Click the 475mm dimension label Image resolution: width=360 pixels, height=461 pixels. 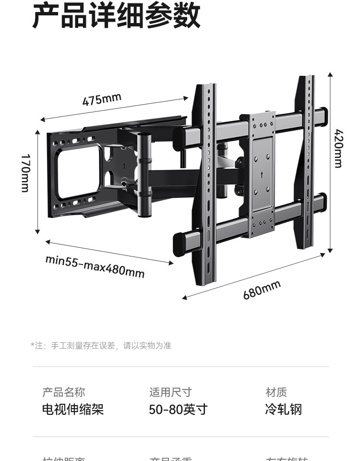pos(102,100)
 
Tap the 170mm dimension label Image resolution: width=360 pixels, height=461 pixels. pos(25,173)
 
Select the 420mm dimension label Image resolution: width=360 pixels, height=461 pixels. pos(338,148)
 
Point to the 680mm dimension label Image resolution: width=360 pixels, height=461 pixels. pos(262,290)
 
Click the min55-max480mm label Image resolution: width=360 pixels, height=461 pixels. pos(95,266)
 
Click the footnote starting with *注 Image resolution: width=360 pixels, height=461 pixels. pos(101,346)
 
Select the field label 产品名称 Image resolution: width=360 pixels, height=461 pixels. pos(63,392)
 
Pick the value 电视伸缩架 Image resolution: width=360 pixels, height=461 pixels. pos(73,410)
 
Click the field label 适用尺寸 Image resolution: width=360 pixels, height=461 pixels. pos(170,392)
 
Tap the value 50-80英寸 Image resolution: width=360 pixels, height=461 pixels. pos(178,410)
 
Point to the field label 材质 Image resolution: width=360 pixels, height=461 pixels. pos(276,392)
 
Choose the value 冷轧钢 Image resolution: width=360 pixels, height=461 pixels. pos(283,410)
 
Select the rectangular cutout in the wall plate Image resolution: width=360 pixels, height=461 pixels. pos(80,172)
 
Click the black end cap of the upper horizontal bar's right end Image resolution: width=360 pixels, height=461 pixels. pos(323,115)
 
